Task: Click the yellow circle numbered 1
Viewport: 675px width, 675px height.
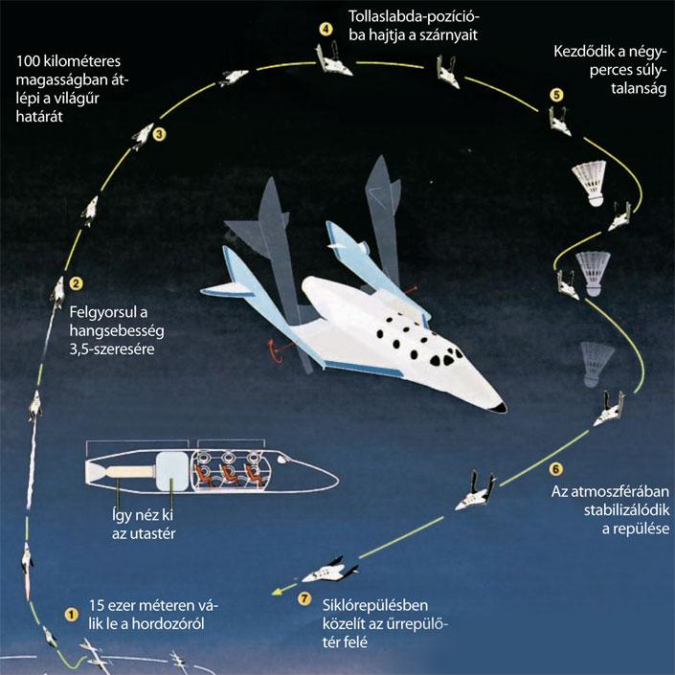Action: tap(72, 615)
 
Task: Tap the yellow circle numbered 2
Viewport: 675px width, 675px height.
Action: tap(76, 283)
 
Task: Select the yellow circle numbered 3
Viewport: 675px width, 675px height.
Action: tap(159, 134)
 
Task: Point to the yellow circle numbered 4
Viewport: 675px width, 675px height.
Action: tap(326, 30)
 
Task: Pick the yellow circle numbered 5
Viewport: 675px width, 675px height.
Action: tap(556, 95)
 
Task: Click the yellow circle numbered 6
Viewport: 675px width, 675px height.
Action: tap(555, 468)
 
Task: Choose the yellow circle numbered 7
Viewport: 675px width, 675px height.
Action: tap(304, 598)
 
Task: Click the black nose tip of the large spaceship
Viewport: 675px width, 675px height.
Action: tap(500, 407)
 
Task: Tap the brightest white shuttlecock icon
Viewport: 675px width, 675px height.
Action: tap(590, 183)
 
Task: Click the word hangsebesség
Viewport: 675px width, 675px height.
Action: tap(117, 330)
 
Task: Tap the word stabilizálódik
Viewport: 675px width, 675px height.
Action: tap(627, 509)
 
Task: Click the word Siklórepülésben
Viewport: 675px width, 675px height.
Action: tap(375, 605)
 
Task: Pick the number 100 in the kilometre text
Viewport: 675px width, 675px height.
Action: tap(28, 61)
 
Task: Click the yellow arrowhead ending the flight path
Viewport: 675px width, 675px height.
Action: tap(278, 592)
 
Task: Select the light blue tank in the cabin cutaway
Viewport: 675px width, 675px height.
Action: tap(171, 472)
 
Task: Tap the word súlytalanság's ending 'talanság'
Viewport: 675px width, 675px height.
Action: tap(639, 89)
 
